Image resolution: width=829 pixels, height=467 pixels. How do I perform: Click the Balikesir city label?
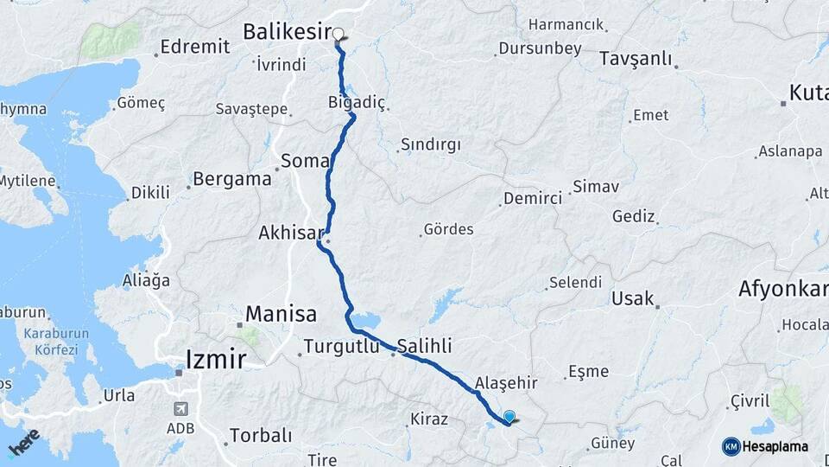tap(287, 32)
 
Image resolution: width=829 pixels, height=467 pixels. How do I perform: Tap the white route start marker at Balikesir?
tap(339, 35)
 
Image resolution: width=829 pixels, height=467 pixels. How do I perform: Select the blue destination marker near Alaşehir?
tap(509, 417)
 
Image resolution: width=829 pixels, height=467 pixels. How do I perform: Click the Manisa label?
tap(281, 313)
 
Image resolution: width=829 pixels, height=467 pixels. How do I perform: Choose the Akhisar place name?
tap(290, 233)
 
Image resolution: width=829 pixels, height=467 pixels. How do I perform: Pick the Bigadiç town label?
tap(357, 102)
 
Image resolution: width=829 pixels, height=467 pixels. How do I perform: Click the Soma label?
tap(305, 161)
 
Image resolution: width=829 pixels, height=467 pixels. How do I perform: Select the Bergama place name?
tap(231, 180)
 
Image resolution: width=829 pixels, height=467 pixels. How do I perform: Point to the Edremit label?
tap(194, 47)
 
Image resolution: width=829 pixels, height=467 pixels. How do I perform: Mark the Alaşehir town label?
tap(506, 382)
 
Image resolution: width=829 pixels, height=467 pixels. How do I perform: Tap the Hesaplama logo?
tap(764, 446)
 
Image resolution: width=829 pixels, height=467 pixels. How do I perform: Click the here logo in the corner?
tap(23, 441)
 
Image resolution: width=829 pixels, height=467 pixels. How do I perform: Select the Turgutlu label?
tap(344, 348)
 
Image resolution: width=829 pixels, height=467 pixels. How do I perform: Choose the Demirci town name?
tap(533, 199)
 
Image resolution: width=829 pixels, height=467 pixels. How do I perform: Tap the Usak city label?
tap(631, 298)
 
